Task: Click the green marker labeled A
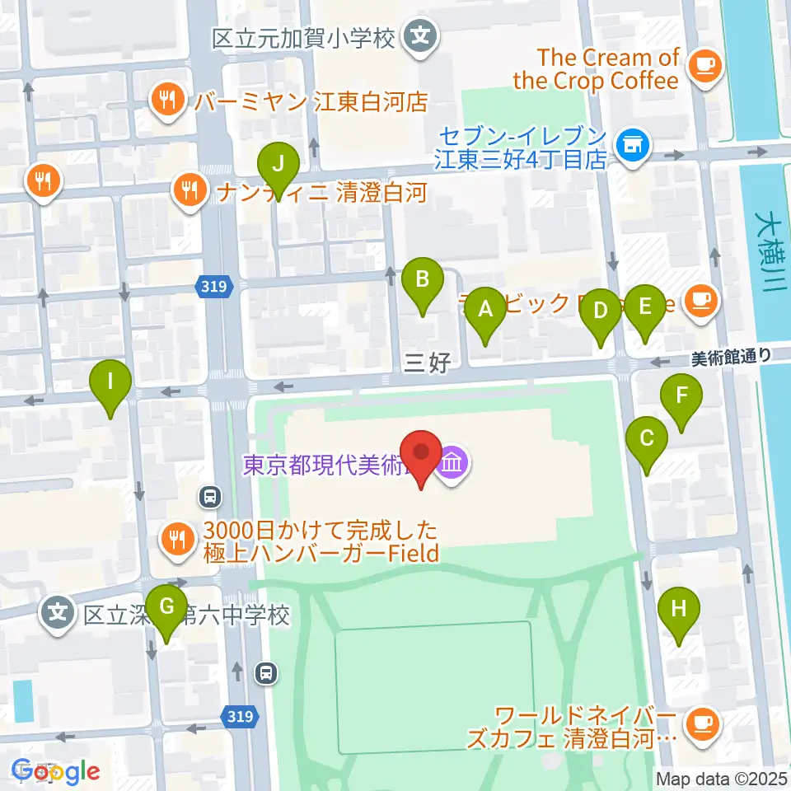point(485,311)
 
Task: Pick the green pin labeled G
point(166,608)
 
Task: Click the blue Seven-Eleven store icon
point(633,146)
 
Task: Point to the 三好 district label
point(427,362)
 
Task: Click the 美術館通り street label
point(731,356)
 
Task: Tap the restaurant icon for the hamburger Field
point(176,540)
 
